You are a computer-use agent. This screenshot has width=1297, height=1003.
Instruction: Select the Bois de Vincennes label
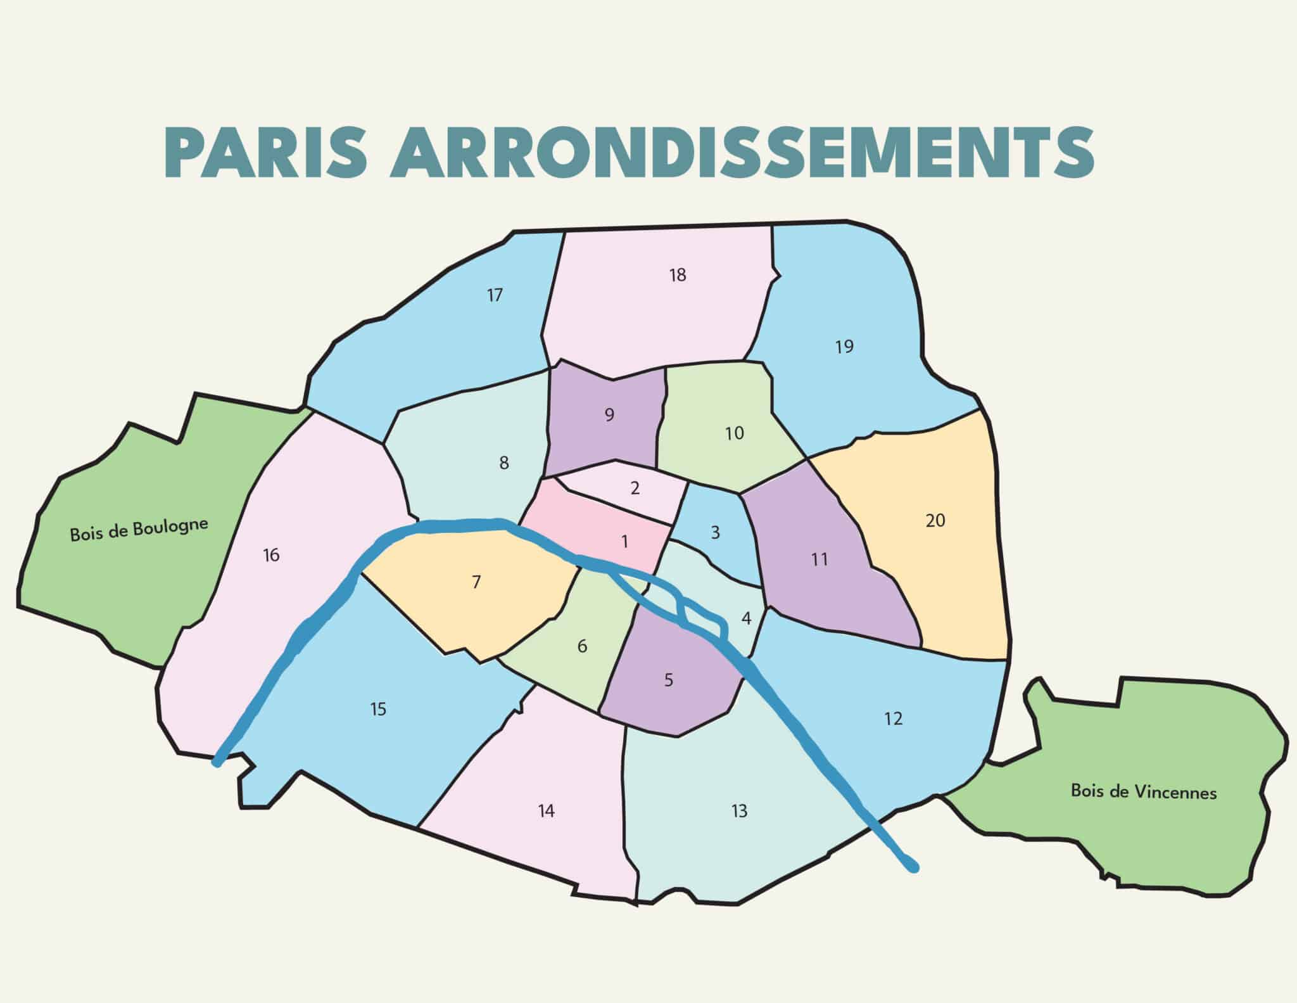click(1144, 791)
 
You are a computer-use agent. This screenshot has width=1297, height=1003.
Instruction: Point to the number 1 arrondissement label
click(625, 542)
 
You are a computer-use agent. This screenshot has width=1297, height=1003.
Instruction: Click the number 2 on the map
click(635, 488)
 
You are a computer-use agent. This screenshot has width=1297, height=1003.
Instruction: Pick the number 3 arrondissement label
click(716, 532)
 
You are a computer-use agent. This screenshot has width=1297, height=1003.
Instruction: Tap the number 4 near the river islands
click(746, 618)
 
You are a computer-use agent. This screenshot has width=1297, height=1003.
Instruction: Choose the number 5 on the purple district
click(669, 680)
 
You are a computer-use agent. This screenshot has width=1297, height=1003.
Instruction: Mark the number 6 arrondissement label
click(582, 646)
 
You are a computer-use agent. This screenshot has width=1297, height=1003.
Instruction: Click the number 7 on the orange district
click(476, 582)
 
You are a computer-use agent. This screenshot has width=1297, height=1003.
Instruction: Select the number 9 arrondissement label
click(609, 415)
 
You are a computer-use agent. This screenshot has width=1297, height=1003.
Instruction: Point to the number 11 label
click(819, 559)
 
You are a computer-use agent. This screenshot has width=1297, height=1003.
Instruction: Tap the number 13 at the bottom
click(739, 810)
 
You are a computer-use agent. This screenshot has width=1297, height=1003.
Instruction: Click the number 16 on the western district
click(271, 556)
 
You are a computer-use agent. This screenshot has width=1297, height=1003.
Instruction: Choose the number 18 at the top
click(678, 275)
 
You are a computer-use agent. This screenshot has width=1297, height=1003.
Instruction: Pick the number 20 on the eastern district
click(935, 521)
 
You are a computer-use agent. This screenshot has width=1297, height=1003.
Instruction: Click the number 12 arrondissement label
click(893, 719)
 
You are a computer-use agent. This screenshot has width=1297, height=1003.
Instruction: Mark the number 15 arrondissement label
click(378, 709)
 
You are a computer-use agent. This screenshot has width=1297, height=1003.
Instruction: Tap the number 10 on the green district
click(734, 433)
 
